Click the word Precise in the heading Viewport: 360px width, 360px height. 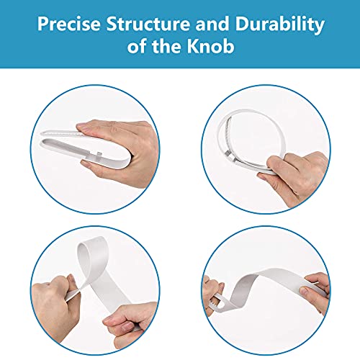coord(69,24)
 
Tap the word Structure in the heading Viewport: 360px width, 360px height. coord(148,24)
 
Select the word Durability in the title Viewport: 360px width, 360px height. coord(279,24)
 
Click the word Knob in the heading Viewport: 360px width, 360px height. coord(210,46)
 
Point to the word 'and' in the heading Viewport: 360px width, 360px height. coord(212,24)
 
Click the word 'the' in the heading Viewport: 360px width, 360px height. coord(166,46)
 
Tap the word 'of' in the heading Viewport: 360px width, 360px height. coord(137,46)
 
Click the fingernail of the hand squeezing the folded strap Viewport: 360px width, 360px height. coord(81,126)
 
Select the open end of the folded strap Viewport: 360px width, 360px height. coord(45,139)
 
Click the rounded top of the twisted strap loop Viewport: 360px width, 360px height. coord(91,243)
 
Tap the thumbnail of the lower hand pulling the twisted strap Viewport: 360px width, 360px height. coord(127,326)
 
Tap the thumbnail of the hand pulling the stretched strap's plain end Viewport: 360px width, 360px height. coord(304,291)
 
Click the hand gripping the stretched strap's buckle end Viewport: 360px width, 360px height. coord(212,294)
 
